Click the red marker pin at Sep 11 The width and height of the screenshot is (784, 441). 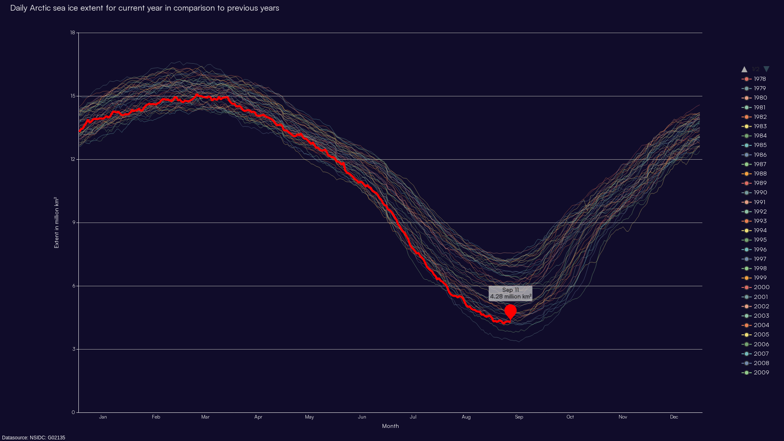click(x=510, y=312)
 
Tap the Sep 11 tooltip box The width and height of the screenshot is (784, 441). click(x=510, y=293)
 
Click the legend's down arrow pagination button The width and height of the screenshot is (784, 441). click(x=766, y=69)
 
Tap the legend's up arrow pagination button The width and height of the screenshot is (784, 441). click(x=744, y=69)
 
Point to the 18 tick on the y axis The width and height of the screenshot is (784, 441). click(x=73, y=33)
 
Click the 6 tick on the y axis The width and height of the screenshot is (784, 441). click(x=74, y=286)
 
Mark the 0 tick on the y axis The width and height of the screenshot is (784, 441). click(x=73, y=412)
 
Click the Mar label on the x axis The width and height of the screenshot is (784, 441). click(x=205, y=417)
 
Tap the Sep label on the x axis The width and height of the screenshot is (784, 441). click(x=519, y=417)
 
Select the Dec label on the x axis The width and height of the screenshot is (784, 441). click(x=674, y=417)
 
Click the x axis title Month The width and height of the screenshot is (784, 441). click(x=390, y=426)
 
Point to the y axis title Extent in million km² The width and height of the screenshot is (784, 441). click(x=56, y=223)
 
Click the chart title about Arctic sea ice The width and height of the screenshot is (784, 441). click(x=145, y=8)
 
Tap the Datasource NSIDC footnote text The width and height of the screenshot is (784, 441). click(x=33, y=438)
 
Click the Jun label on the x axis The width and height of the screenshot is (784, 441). click(x=362, y=417)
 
